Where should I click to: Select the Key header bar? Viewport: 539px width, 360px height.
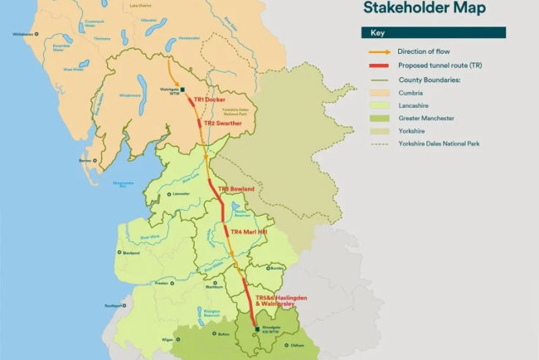[432, 33]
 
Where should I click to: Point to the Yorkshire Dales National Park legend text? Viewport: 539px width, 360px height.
[438, 144]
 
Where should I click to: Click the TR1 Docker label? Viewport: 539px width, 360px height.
[209, 100]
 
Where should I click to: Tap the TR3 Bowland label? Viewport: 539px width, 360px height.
[236, 190]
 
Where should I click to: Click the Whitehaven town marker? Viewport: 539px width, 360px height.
[36, 34]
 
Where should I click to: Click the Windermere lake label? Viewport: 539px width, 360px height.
[130, 95]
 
